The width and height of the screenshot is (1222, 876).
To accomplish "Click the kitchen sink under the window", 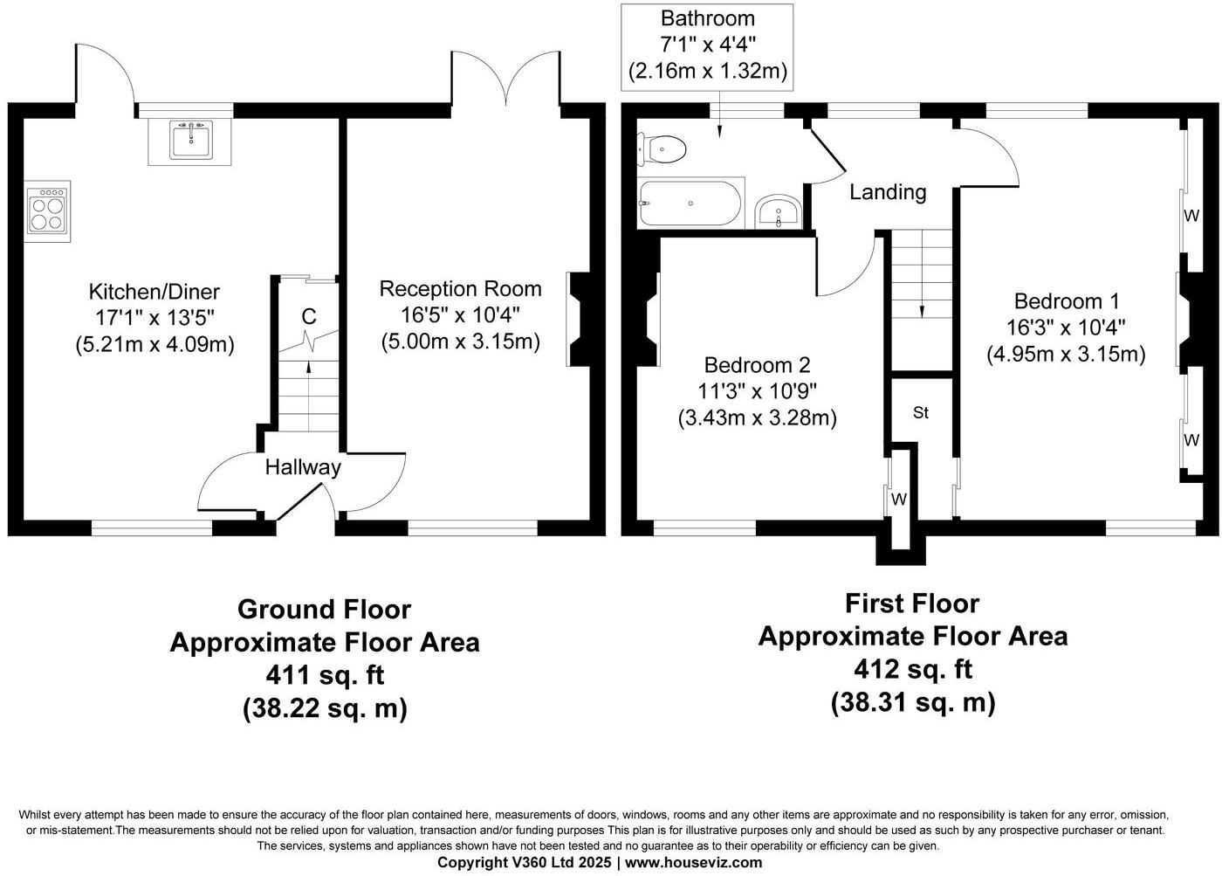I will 190,141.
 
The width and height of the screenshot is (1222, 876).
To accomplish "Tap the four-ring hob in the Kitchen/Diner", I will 47,210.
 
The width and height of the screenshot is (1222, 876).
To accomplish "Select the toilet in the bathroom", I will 662,149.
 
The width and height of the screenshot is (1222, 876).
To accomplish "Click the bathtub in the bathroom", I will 690,203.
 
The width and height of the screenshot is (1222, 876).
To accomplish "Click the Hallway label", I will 303,467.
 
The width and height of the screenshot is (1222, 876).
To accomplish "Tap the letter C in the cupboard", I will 308,316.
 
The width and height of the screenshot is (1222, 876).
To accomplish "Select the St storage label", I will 921,413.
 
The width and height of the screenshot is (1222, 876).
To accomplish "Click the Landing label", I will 888,192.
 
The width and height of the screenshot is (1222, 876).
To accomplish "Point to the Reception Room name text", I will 460,289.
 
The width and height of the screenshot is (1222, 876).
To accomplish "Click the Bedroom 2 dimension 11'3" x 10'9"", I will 757,391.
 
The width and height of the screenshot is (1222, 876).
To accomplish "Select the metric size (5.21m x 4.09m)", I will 154,344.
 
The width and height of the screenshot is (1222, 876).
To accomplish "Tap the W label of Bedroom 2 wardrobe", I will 899,500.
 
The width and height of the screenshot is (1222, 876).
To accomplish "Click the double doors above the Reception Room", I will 505,80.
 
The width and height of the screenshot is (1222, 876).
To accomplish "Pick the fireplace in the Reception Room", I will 579,319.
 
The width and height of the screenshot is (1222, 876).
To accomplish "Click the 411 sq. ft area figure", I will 325,675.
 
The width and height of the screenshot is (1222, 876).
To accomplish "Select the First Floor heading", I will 912,604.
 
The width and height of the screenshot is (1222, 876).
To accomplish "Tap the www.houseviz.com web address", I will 693,863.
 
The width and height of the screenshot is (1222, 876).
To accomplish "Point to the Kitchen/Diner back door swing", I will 105,74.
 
